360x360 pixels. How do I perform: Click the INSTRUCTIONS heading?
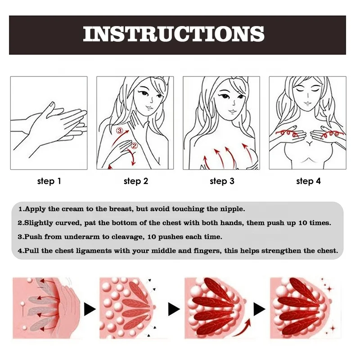(x=174, y=35)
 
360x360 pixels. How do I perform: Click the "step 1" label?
(x=49, y=181)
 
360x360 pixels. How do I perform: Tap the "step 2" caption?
(x=135, y=181)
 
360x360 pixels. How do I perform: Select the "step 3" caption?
(x=222, y=181)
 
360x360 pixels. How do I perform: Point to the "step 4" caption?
(x=308, y=181)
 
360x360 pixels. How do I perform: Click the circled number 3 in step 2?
(x=119, y=131)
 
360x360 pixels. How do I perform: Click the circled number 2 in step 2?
(x=134, y=145)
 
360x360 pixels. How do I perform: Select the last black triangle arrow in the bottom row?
(x=259, y=309)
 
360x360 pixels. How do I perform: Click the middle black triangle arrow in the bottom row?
(x=174, y=309)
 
